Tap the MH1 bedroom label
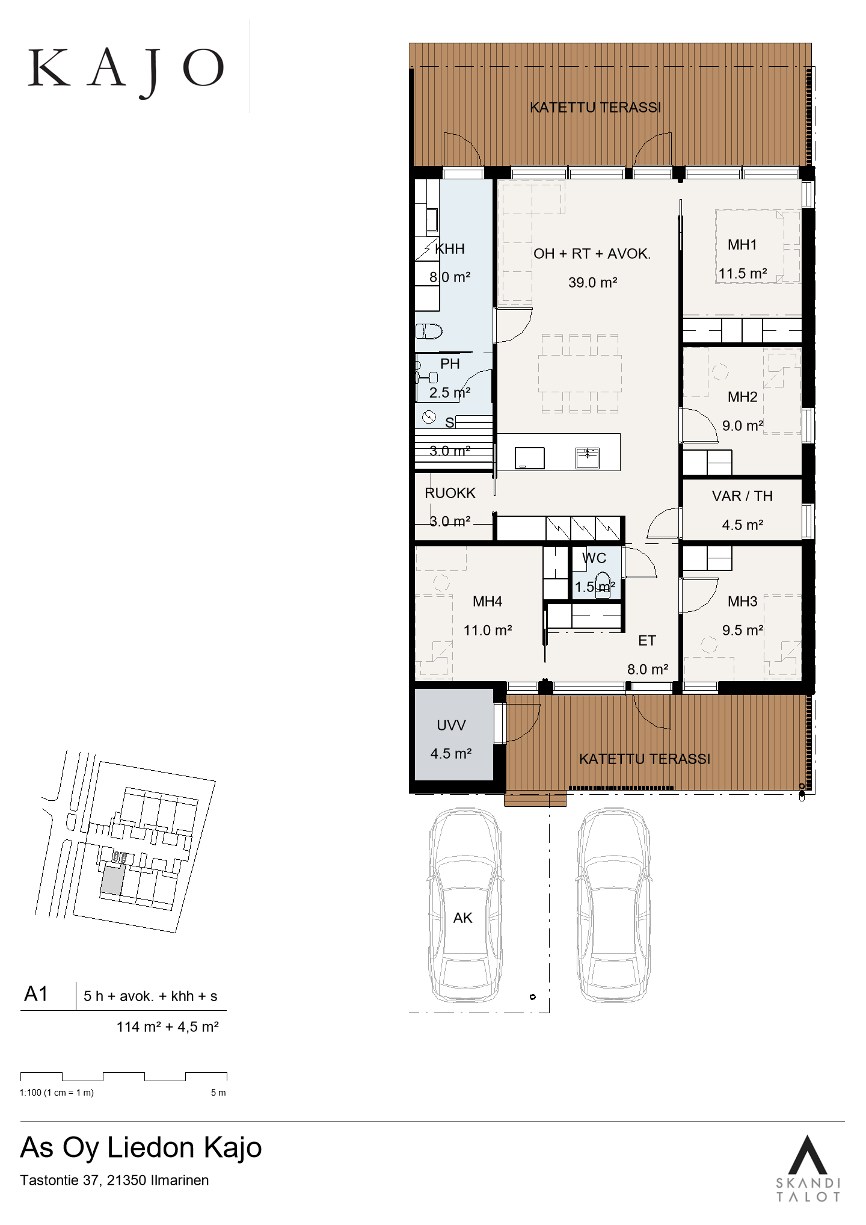[742, 245]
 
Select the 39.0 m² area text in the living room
[593, 283]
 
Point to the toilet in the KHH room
[429, 331]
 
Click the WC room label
[594, 558]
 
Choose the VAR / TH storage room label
[742, 496]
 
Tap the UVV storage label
[451, 726]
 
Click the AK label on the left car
[462, 918]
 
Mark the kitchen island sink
[587, 458]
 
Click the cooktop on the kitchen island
[530, 458]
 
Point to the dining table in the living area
[580, 374]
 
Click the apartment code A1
[36, 995]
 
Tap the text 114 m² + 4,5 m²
[167, 1026]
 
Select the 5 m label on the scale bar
[218, 1093]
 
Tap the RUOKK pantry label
[450, 493]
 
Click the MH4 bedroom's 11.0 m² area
[487, 631]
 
